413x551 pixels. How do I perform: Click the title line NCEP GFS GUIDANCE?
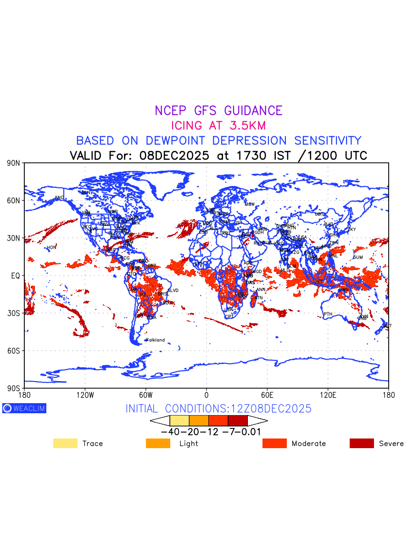click(x=218, y=111)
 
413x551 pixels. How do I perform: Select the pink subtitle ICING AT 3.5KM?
click(x=218, y=125)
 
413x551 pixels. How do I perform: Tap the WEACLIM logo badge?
click(x=24, y=408)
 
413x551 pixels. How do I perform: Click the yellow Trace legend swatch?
click(x=65, y=444)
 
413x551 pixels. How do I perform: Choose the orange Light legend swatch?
click(x=158, y=444)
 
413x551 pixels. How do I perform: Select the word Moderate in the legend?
click(x=309, y=444)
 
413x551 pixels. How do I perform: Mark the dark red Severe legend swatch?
click(x=362, y=444)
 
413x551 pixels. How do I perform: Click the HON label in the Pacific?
click(x=51, y=247)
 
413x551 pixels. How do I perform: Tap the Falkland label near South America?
click(x=155, y=340)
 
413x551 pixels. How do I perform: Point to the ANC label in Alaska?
click(x=59, y=198)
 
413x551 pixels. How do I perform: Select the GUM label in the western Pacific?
click(x=358, y=258)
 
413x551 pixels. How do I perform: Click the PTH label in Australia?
click(x=328, y=315)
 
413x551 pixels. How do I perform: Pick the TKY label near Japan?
click(x=352, y=230)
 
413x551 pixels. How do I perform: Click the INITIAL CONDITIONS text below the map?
click(x=218, y=409)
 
